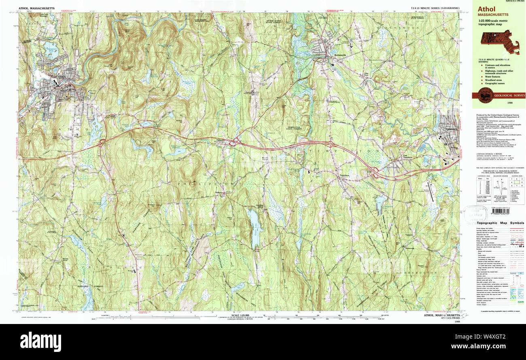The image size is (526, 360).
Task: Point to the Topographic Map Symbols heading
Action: click(500, 223)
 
